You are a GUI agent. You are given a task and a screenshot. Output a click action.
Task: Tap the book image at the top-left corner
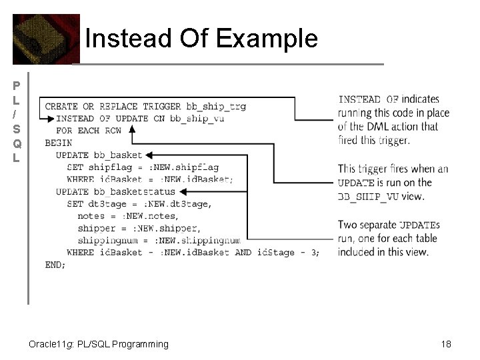point(45,39)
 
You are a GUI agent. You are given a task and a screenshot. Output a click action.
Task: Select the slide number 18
point(446,344)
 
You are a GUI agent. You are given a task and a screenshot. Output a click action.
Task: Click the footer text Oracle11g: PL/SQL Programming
point(99,344)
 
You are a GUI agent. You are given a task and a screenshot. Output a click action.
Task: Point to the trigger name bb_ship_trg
point(216,107)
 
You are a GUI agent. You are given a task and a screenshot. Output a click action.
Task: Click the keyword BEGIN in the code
point(58,143)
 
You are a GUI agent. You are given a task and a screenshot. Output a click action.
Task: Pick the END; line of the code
point(55,265)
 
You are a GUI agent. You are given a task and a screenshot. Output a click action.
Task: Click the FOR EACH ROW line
point(89,131)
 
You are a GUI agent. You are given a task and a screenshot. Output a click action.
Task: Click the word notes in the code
point(91,216)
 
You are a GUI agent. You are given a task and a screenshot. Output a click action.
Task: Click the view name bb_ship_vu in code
point(197,119)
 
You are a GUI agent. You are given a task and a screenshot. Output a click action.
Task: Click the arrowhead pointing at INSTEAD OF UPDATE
point(51,119)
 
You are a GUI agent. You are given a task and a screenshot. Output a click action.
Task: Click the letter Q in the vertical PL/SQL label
point(17,144)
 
